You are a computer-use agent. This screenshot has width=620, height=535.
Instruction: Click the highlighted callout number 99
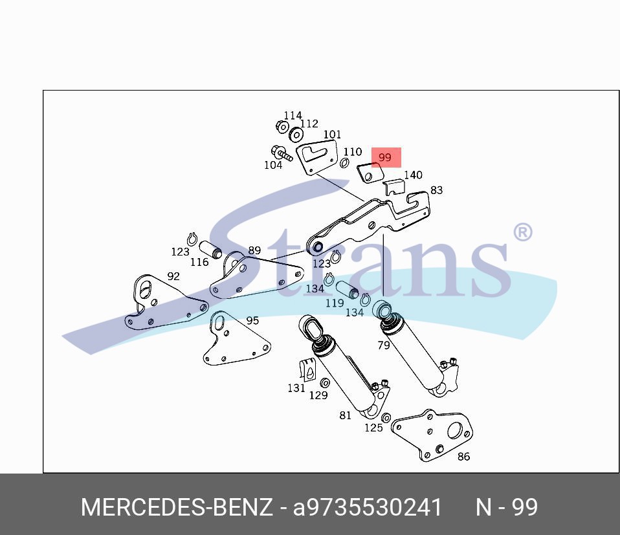384,157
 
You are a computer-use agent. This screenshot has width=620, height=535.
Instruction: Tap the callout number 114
293,115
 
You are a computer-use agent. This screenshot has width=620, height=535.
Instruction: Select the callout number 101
332,135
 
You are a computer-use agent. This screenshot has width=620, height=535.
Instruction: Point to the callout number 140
413,175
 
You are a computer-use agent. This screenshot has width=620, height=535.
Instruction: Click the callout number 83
437,190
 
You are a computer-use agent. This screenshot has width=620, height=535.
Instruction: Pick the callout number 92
173,276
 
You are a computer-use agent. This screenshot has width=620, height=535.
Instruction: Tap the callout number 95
252,320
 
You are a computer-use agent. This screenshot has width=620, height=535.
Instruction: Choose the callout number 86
463,456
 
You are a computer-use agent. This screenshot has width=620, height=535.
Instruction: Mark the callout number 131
296,388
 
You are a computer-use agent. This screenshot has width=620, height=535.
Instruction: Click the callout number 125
373,428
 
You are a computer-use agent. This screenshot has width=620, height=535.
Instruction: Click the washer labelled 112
296,135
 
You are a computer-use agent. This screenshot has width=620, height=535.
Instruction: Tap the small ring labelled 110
344,162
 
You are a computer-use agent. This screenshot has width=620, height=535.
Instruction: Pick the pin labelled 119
347,289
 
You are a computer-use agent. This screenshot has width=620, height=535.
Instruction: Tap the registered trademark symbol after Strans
523,232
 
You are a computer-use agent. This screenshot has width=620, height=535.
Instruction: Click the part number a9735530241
368,507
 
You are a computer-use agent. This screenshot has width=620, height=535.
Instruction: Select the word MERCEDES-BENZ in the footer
177,507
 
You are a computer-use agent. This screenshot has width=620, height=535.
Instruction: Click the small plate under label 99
370,173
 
